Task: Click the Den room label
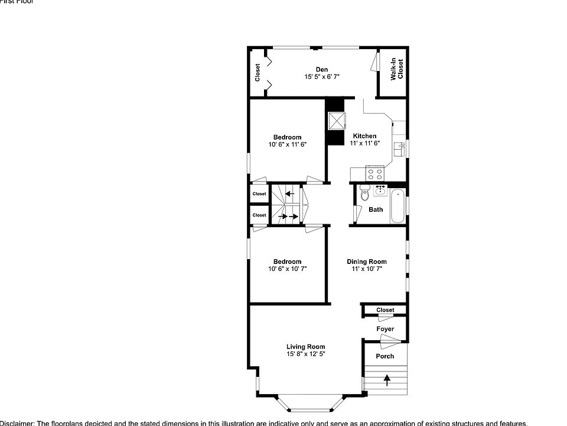321,69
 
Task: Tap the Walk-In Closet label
397,69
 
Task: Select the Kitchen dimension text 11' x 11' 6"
364,143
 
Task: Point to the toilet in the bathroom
364,193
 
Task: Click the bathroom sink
379,191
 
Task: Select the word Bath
376,209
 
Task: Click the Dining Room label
366,262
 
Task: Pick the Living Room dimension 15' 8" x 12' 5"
306,354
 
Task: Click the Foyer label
385,329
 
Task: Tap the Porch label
384,356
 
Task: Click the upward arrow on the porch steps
387,379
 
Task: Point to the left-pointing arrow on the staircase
289,193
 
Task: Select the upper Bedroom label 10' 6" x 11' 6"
287,137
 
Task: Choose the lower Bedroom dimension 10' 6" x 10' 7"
287,269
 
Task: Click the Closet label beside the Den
258,73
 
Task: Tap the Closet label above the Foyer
385,310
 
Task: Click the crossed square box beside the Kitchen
337,121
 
